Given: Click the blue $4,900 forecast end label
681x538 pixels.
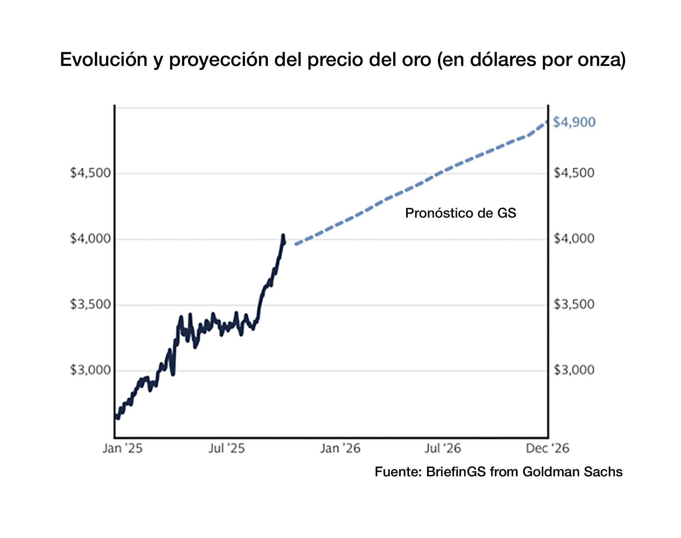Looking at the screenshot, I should pos(574,122).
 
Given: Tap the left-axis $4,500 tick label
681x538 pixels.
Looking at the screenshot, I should pos(90,173).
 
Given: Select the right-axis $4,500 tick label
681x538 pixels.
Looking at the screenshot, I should pos(574,173).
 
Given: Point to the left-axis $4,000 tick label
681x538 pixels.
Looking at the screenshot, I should pos(90,239).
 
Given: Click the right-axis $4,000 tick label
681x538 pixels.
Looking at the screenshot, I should pos(574,239).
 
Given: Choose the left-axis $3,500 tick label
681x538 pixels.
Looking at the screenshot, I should pos(90,304).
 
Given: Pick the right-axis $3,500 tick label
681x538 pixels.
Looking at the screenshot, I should pos(574,304).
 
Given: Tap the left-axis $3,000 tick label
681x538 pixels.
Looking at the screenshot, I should pos(90,370).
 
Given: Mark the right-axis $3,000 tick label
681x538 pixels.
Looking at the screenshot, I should pos(574,370).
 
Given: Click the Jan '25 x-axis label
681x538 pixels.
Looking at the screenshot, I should pos(122,449).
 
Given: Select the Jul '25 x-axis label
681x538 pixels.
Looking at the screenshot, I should pos(227,449).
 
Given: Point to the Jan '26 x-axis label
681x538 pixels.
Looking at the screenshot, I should pos(340,449).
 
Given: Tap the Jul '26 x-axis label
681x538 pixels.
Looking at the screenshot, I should pos(443,449).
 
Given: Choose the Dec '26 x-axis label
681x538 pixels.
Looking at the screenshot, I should pos(547,449).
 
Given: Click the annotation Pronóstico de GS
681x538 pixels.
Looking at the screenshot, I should pos(460,213).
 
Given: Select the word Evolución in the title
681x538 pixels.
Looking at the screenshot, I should pos(104,60).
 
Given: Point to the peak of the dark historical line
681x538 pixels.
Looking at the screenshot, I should pos(283,235).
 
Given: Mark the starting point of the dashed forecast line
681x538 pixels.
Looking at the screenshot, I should pos(296,244).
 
